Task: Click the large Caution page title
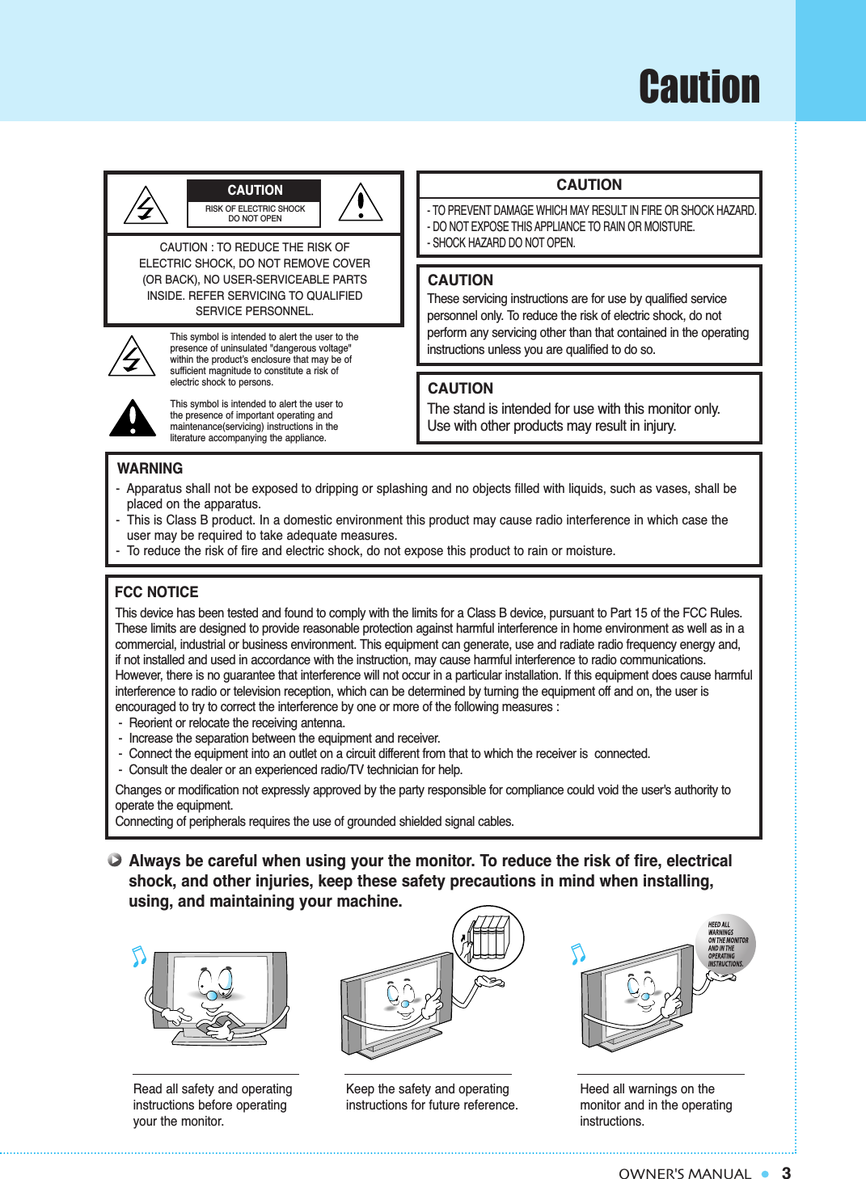pyautogui.click(x=699, y=86)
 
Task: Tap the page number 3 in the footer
pyautogui.click(x=786, y=1173)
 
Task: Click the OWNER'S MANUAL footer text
pyautogui.click(x=684, y=1173)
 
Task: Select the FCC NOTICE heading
pyautogui.click(x=156, y=592)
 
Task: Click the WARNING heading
pyautogui.click(x=150, y=469)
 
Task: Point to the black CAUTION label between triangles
pyautogui.click(x=254, y=191)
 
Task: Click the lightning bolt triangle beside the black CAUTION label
pyautogui.click(x=146, y=206)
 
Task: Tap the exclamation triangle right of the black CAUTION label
pyautogui.click(x=361, y=203)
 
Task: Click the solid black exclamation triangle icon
pyautogui.click(x=132, y=419)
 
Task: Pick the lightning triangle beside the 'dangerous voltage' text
pyautogui.click(x=132, y=356)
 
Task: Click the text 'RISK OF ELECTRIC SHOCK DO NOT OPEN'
pyautogui.click(x=255, y=213)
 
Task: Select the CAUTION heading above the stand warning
pyautogui.click(x=460, y=389)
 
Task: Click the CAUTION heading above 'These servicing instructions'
pyautogui.click(x=460, y=280)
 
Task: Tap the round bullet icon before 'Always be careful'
pyautogui.click(x=115, y=860)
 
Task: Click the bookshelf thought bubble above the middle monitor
pyautogui.click(x=488, y=938)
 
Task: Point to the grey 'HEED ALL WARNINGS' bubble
pyautogui.click(x=725, y=944)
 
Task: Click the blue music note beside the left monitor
pyautogui.click(x=139, y=956)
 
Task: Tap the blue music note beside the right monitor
pyautogui.click(x=577, y=954)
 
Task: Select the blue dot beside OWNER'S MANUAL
pyautogui.click(x=765, y=1173)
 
